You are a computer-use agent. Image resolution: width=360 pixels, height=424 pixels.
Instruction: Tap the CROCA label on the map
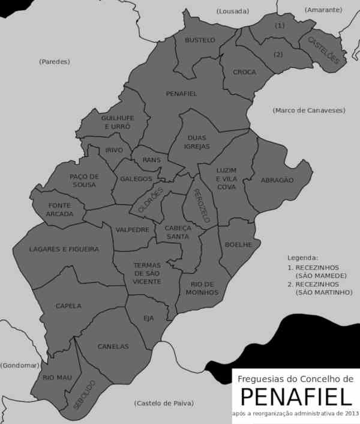(244, 72)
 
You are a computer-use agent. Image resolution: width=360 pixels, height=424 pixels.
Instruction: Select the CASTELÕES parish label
(324, 50)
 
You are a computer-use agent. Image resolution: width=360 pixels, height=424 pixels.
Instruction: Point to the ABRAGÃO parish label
(277, 180)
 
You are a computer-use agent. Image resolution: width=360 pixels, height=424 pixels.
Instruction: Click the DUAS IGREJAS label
(197, 142)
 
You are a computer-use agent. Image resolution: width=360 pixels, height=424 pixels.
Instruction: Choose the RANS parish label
(152, 160)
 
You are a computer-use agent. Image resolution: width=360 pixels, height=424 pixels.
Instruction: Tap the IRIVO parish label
(114, 150)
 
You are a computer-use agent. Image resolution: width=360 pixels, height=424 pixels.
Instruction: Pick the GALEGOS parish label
(136, 178)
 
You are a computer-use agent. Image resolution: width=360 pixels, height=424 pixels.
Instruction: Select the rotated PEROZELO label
(200, 206)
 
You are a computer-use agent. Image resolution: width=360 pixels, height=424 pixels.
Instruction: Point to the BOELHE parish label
(234, 244)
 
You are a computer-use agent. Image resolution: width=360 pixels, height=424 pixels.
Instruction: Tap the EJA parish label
(149, 318)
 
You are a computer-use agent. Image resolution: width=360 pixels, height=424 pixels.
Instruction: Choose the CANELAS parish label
(113, 347)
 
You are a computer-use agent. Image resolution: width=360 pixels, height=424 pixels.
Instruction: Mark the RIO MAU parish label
(57, 377)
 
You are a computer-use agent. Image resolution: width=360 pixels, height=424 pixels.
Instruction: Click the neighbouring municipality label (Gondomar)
(20, 365)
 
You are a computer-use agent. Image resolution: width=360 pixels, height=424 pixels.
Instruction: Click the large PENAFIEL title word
(295, 397)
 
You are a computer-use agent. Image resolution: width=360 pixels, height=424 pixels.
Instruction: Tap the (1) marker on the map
(280, 26)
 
